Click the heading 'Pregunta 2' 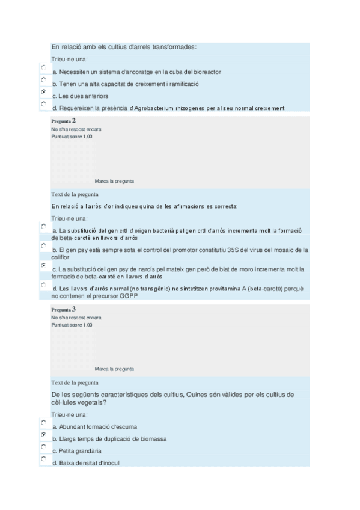pyautogui.click(x=63, y=121)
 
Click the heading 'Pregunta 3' pyautogui.click(x=63, y=309)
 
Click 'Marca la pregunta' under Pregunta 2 pyautogui.click(x=114, y=181)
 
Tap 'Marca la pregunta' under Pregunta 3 pyautogui.click(x=114, y=369)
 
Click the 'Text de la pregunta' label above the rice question pyautogui.click(x=75, y=194)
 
